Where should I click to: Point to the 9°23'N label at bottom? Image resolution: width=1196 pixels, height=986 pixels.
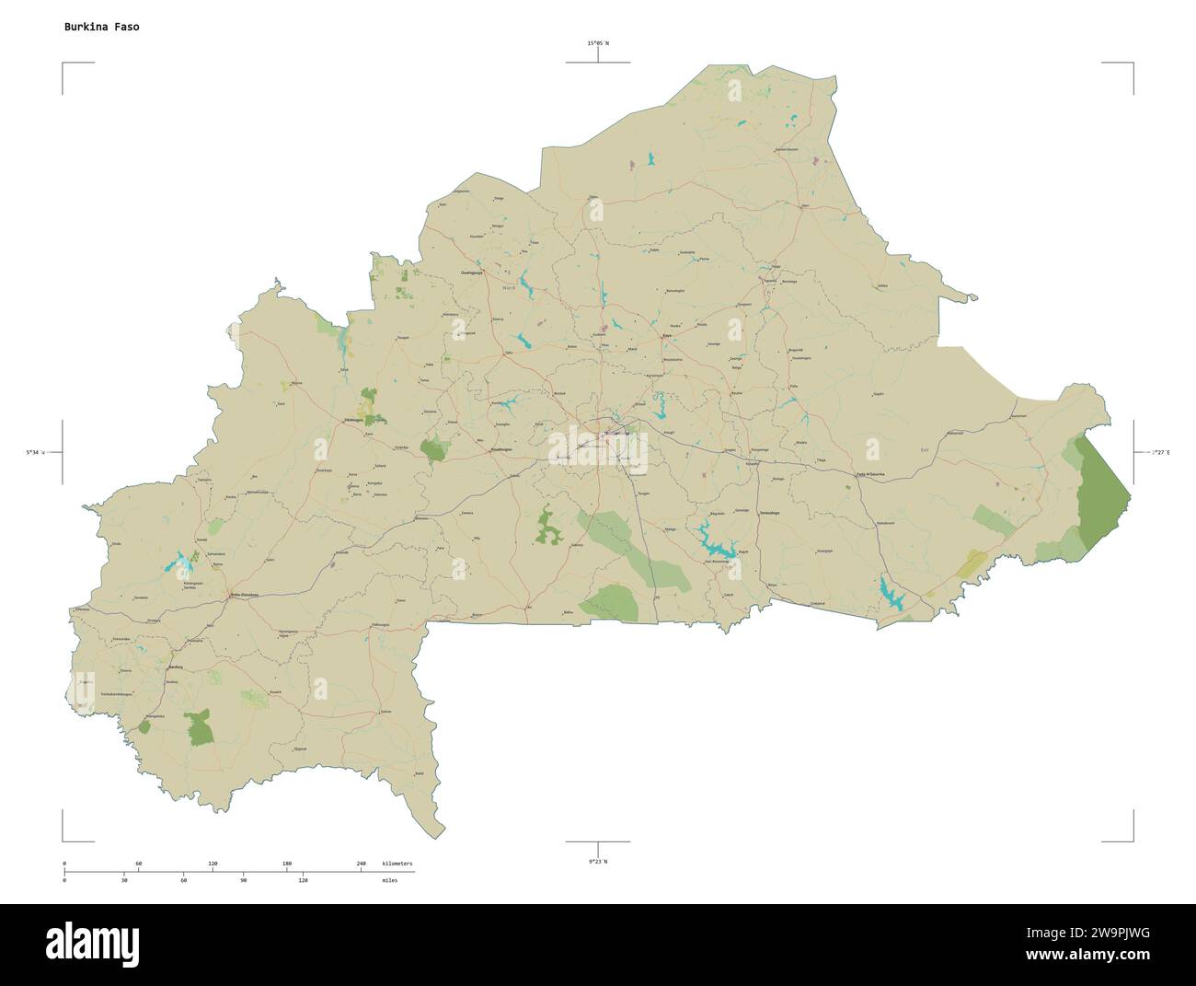(x=598, y=861)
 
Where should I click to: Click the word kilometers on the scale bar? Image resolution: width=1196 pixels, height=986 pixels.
(x=397, y=863)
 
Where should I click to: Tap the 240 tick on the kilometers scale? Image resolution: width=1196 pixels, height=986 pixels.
(x=361, y=863)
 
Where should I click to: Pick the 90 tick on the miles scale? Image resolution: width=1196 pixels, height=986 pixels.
(x=243, y=881)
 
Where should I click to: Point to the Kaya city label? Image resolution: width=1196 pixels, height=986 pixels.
(x=666, y=336)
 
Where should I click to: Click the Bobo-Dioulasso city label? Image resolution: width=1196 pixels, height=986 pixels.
(x=244, y=595)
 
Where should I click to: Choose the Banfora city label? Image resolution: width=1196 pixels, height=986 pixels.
(x=176, y=667)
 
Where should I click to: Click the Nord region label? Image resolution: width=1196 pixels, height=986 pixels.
(x=509, y=289)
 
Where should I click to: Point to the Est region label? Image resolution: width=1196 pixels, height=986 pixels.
(x=925, y=449)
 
